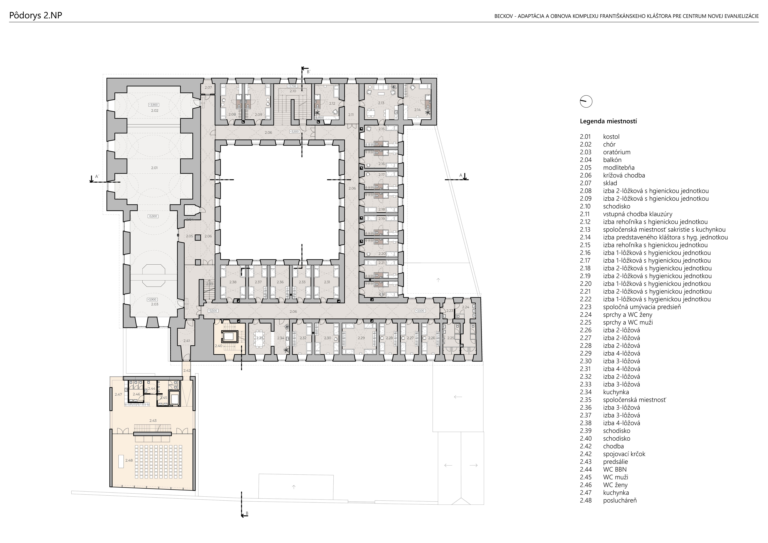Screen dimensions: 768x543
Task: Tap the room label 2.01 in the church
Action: click(x=154, y=168)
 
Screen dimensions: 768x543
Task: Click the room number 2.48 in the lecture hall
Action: click(x=129, y=460)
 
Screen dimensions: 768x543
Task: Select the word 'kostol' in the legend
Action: click(x=611, y=137)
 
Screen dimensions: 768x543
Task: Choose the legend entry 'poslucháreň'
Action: click(x=620, y=500)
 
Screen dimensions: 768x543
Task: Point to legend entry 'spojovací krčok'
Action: click(x=624, y=454)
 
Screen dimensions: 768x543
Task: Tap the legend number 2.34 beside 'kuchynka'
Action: click(x=586, y=392)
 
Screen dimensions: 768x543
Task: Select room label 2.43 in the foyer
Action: click(x=153, y=421)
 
